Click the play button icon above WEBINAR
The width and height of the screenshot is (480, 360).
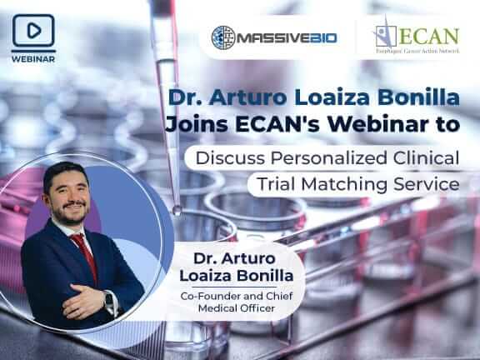point(34,30)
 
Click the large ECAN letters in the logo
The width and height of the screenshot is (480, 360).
point(429,36)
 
